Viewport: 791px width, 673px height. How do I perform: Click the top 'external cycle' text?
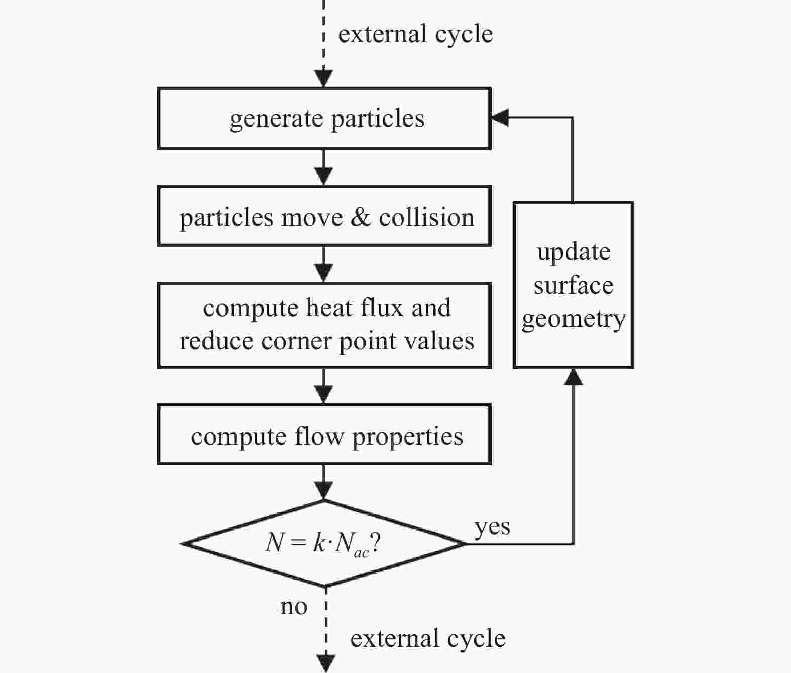416,35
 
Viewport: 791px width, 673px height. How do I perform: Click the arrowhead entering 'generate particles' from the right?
500,117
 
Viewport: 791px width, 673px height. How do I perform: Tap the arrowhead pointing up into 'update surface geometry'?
573,378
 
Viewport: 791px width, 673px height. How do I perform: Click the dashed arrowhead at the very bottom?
326,664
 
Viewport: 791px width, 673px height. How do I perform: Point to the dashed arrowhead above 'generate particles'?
324,78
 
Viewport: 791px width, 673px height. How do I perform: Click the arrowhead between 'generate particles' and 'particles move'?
324,176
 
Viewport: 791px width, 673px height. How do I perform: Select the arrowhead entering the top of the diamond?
324,491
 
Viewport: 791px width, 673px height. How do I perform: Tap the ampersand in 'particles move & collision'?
361,217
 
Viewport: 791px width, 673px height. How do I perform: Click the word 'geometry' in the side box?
574,319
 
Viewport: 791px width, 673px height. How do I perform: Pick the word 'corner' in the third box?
296,341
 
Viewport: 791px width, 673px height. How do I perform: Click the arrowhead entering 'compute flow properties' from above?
324,394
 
